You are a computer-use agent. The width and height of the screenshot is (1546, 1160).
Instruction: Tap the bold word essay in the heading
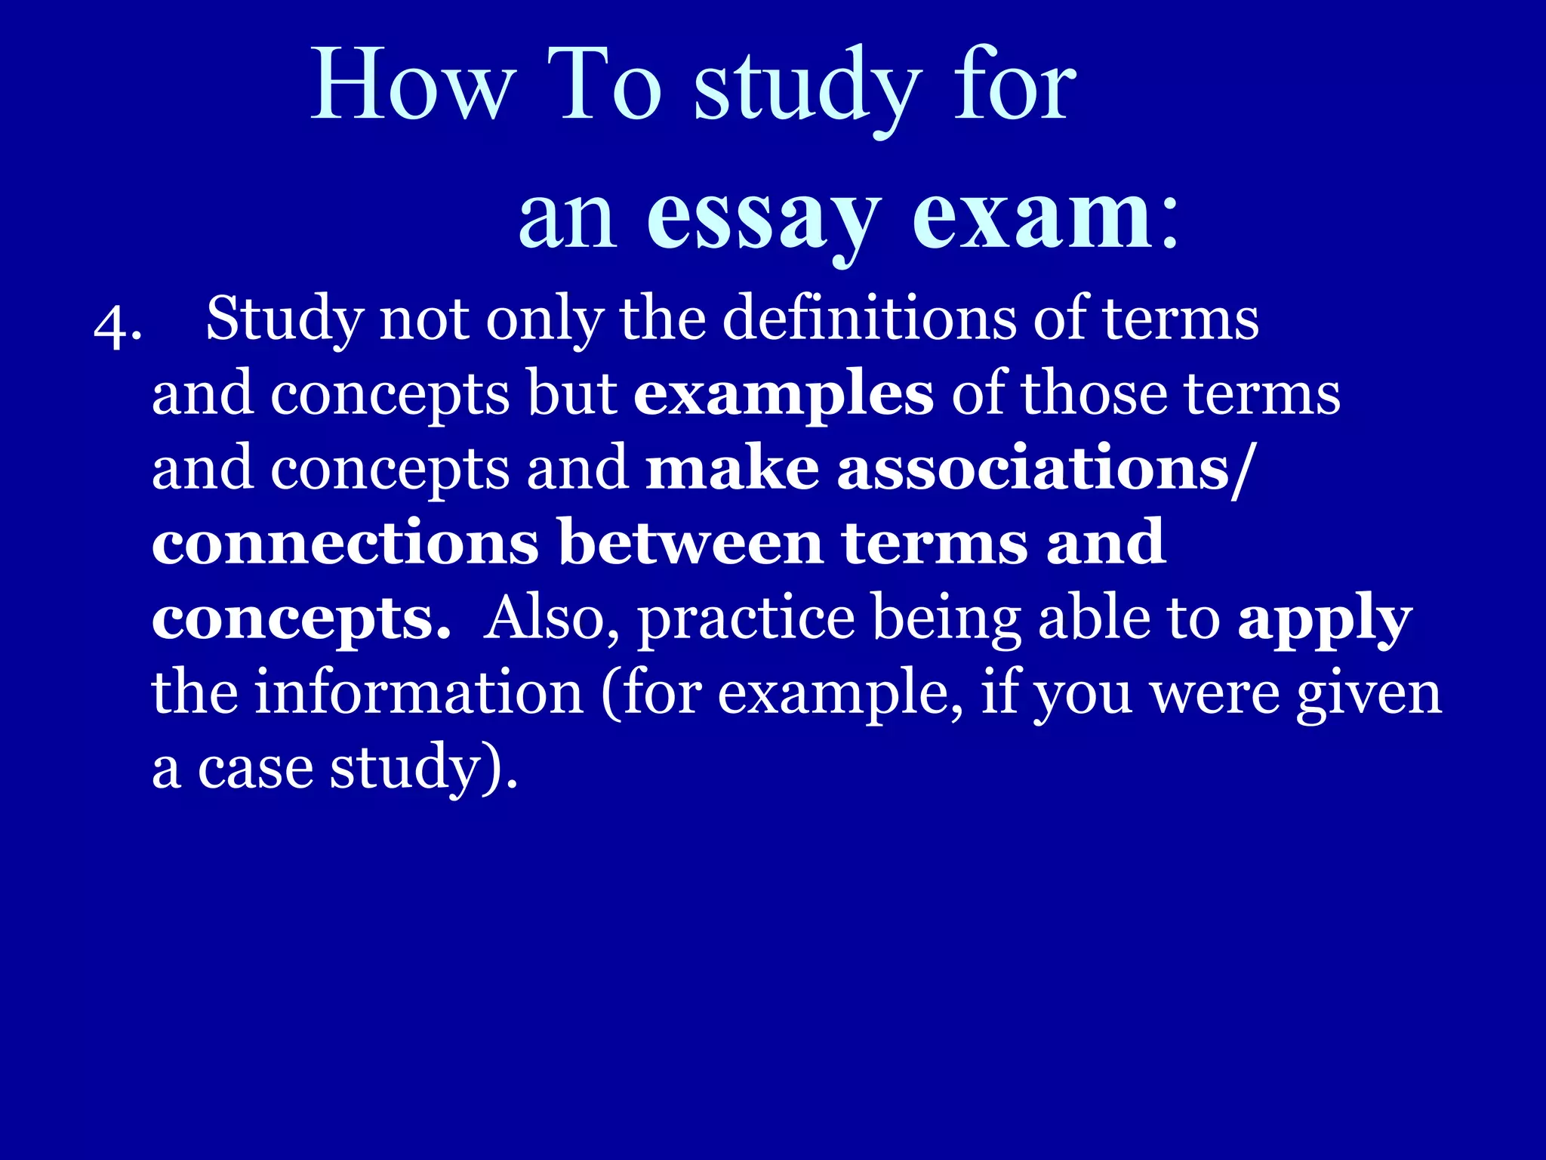coord(763,219)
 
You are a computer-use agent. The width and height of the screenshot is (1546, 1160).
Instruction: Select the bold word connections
coord(345,543)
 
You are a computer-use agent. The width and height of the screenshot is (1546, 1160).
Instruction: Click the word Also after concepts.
coord(551,618)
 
